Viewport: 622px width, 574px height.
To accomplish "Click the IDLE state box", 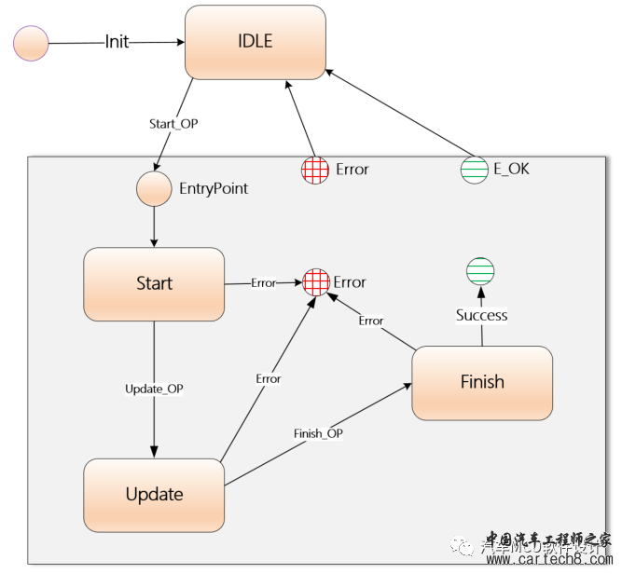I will (255, 42).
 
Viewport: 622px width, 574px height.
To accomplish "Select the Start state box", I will (154, 283).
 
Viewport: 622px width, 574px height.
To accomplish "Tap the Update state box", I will (154, 494).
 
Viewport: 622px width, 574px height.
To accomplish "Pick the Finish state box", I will (482, 382).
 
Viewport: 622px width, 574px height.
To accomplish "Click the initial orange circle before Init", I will (31, 44).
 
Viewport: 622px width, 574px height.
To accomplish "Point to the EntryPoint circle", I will (153, 188).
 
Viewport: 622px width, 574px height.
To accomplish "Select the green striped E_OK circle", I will (475, 169).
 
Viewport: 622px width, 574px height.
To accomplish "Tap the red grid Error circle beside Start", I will (316, 281).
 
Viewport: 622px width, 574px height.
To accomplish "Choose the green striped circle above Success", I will (480, 271).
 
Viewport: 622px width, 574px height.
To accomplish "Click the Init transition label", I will (117, 43).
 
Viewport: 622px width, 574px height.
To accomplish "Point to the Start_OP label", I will (173, 123).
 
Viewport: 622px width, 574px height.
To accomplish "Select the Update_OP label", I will (154, 389).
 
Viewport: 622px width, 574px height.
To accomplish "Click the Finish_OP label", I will (319, 433).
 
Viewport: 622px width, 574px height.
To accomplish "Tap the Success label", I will (481, 315).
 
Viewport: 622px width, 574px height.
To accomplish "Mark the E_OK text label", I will (510, 170).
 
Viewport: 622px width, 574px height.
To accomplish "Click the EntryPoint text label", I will (214, 188).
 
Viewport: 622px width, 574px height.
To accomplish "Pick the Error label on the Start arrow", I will (264, 282).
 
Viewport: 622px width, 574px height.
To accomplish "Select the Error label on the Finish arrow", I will (371, 321).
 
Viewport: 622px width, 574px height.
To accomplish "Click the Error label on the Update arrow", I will (269, 379).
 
